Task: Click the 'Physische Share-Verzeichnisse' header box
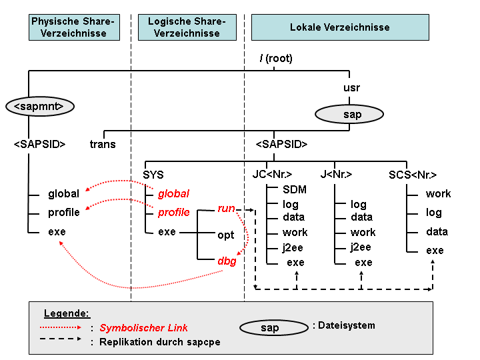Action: [74, 27]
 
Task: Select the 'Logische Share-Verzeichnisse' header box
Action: [187, 27]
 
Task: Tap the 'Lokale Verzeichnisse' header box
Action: [340, 27]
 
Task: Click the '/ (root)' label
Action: [276, 58]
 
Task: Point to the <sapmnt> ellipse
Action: [40, 107]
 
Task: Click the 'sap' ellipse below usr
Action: [349, 114]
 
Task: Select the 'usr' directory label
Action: [352, 88]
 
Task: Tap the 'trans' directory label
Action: [103, 144]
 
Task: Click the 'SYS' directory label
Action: [153, 175]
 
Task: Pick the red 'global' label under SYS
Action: [173, 193]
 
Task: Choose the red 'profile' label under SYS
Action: [173, 212]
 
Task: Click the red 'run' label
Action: [226, 209]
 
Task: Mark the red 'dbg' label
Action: [227, 261]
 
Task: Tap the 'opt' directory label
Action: [225, 235]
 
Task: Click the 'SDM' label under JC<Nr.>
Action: [295, 189]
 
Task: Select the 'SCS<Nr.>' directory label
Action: [413, 175]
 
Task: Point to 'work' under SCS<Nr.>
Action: [439, 193]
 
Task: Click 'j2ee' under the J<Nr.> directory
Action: [361, 247]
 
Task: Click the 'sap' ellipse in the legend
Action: [274, 328]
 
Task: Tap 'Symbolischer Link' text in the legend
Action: [143, 328]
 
